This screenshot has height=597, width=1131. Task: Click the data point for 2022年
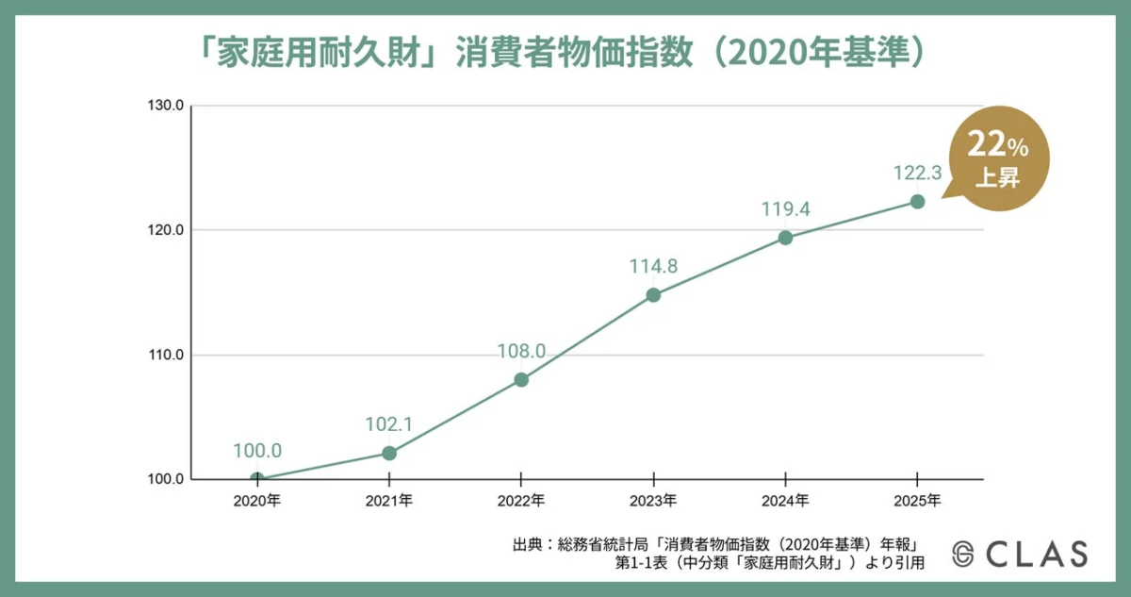(x=521, y=379)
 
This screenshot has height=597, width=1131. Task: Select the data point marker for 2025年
(x=917, y=201)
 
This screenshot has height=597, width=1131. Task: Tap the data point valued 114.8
(x=653, y=294)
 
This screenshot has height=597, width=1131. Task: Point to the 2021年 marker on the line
(x=389, y=453)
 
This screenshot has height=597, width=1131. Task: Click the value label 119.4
(x=786, y=209)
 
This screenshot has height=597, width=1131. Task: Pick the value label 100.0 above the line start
(x=257, y=451)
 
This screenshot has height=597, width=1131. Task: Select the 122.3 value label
(x=917, y=174)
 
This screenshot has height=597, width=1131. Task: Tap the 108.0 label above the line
(x=521, y=352)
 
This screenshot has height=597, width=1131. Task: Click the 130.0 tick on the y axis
(x=165, y=106)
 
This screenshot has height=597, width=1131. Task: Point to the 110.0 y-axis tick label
(x=165, y=356)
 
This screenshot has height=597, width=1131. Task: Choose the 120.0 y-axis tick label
(x=165, y=230)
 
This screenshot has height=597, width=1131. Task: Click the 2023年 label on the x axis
(x=653, y=500)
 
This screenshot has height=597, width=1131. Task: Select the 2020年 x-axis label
(x=257, y=500)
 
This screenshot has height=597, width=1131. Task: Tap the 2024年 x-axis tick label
(x=785, y=500)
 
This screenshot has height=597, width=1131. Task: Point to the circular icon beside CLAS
(x=962, y=555)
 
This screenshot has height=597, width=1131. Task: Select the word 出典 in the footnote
(x=527, y=544)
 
